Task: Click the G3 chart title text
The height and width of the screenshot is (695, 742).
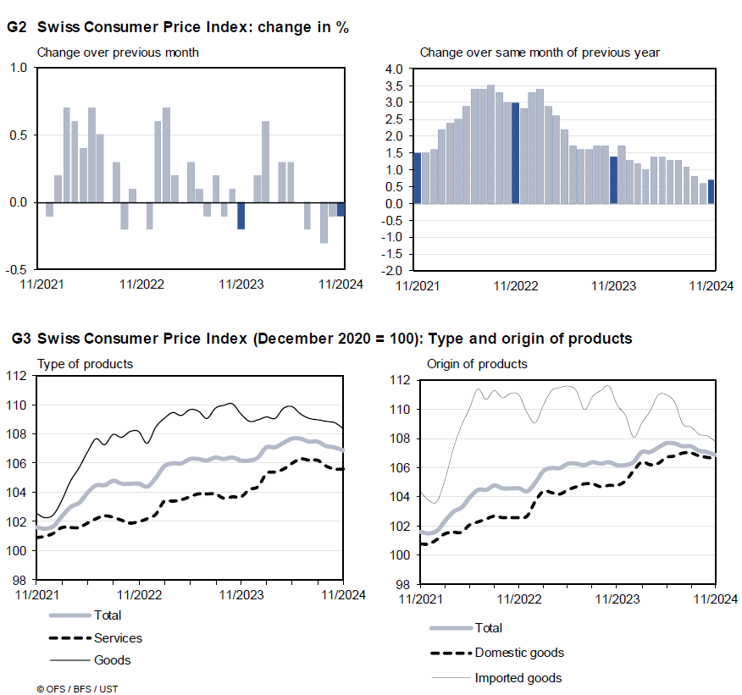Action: (x=322, y=339)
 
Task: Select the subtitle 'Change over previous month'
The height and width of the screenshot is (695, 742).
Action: (x=118, y=52)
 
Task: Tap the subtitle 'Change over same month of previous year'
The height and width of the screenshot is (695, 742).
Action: (x=540, y=52)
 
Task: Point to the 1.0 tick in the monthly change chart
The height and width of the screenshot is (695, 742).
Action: (x=17, y=68)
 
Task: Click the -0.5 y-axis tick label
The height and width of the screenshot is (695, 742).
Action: (x=15, y=270)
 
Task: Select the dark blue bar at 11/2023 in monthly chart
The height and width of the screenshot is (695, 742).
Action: (x=241, y=216)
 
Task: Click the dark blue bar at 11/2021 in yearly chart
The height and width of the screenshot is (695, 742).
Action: (x=417, y=178)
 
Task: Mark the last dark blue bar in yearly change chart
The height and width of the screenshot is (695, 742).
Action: (x=712, y=191)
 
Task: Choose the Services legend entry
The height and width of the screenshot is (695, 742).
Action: (x=118, y=638)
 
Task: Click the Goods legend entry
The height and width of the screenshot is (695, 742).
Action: (x=112, y=659)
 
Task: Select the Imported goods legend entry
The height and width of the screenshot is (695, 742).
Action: (x=518, y=677)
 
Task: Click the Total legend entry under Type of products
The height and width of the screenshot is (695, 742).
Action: (x=108, y=616)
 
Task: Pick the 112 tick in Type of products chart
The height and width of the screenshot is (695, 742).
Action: (x=17, y=377)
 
